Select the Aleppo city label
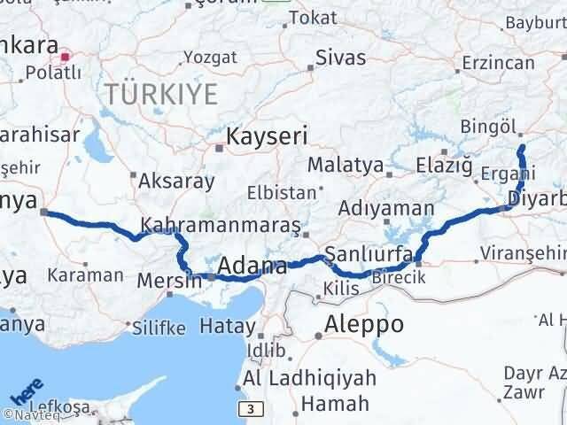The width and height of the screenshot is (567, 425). click(x=365, y=323)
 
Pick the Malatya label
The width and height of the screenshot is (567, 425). click(x=346, y=165)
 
